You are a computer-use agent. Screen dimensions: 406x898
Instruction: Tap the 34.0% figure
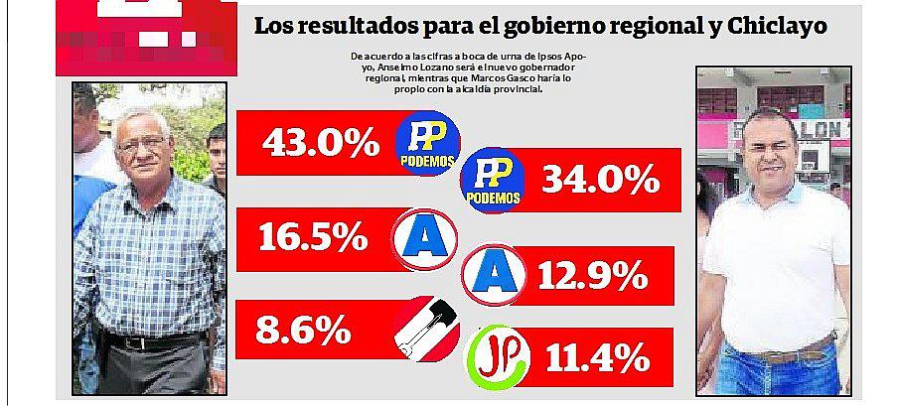click(600, 180)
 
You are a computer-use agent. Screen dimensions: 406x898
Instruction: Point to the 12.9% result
click(593, 275)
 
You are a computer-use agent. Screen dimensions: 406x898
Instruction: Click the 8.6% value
click(301, 329)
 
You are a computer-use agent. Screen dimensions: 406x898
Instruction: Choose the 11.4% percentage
click(594, 356)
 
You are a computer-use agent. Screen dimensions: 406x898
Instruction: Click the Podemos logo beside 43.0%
click(427, 142)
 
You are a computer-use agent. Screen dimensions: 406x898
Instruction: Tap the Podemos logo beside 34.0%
click(494, 180)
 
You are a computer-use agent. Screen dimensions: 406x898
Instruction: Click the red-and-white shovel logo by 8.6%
click(426, 329)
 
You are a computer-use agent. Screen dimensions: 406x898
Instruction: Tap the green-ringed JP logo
click(497, 356)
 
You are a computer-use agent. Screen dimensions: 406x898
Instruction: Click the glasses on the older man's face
click(142, 143)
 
